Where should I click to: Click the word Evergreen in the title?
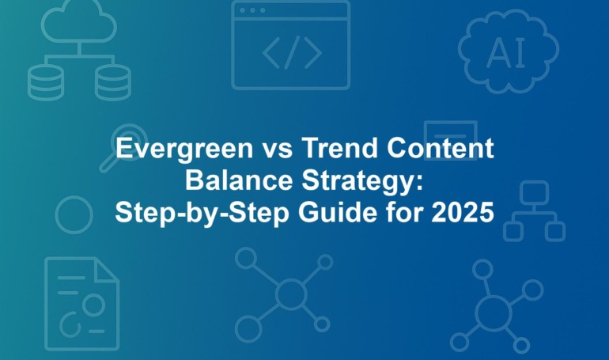pyautogui.click(x=184, y=149)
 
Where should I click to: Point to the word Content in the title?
pyautogui.click(x=441, y=148)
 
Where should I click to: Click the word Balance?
pyautogui.click(x=239, y=180)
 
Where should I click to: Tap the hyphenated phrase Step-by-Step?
pyautogui.click(x=202, y=214)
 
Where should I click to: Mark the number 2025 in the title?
pyautogui.click(x=463, y=212)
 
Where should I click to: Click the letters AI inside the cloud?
pyautogui.click(x=505, y=52)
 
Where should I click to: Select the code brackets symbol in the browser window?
pyautogui.click(x=292, y=52)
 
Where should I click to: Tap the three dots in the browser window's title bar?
pyautogui.click(x=252, y=10)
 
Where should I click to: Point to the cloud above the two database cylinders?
pyautogui.click(x=79, y=22)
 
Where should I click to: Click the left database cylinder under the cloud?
pyautogui.click(x=45, y=82)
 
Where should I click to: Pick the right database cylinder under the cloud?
pyautogui.click(x=113, y=82)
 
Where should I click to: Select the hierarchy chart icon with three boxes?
pyautogui.click(x=535, y=211)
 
